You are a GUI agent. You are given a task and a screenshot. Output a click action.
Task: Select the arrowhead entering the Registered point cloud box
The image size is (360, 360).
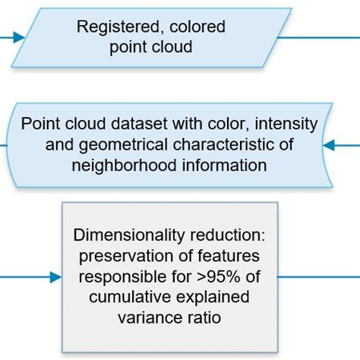click(x=17, y=36)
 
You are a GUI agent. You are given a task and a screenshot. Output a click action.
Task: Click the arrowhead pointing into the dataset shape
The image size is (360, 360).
click(x=329, y=144)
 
